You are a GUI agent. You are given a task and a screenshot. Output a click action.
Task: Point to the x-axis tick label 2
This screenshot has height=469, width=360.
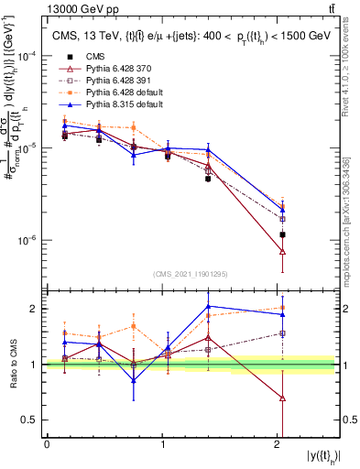tap(278, 444)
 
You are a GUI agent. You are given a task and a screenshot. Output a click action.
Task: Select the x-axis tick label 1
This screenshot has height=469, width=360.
tap(162, 444)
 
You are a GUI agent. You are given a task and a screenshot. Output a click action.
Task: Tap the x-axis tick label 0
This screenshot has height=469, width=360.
tap(47, 444)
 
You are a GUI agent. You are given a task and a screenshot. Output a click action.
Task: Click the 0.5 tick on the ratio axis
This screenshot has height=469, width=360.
tap(34, 420)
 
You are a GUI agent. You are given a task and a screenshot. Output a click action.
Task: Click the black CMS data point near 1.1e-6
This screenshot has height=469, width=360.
tap(282, 235)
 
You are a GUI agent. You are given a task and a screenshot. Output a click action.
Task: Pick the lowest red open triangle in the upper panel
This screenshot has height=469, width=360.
tap(282, 252)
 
